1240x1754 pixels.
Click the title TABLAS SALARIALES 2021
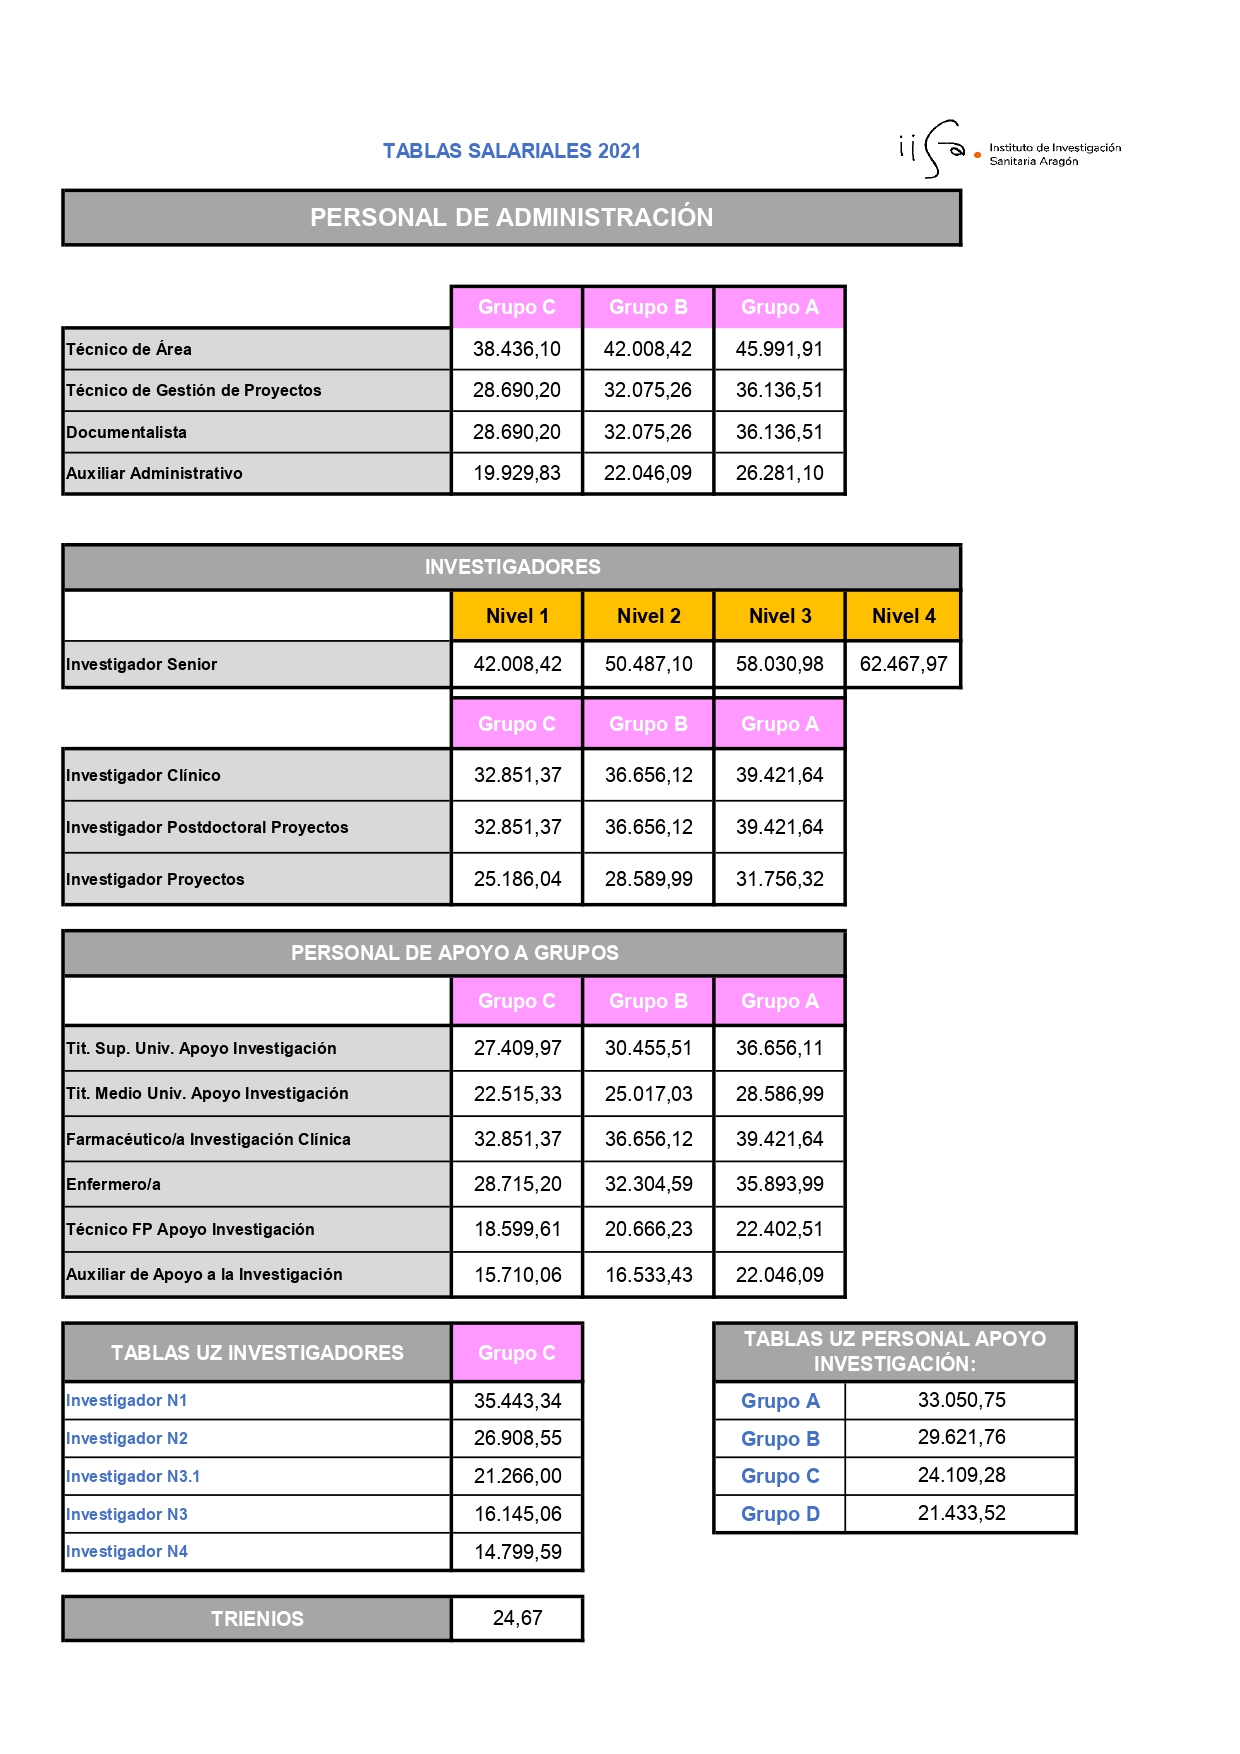coord(511,151)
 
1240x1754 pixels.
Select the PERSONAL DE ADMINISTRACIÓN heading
coord(511,217)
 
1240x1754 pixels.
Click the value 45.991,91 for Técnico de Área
coord(779,349)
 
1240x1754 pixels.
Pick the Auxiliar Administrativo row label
coord(154,473)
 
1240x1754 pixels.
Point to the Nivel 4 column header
coord(903,616)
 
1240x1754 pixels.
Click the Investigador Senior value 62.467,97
coord(903,664)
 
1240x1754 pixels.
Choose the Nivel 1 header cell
coord(517,616)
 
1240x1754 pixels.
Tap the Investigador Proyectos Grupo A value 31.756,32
coord(779,879)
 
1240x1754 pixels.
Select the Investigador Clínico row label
coord(143,775)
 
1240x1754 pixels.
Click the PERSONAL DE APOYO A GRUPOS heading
coord(454,953)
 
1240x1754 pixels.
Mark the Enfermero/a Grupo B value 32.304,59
coord(648,1184)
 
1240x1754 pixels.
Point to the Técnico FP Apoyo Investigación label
coord(190,1229)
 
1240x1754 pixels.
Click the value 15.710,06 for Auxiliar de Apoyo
coord(517,1275)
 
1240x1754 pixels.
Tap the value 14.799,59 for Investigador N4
coord(517,1552)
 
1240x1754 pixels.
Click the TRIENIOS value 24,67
coord(517,1618)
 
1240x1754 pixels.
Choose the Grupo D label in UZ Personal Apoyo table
coord(780,1514)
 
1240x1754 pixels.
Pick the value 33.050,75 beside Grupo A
coord(961,1400)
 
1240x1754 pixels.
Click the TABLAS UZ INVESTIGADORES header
coord(257,1353)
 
